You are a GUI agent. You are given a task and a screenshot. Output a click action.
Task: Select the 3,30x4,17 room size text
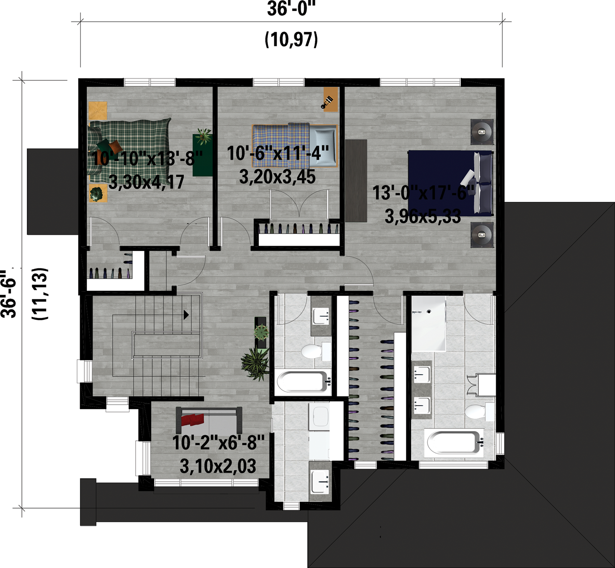point(147,182)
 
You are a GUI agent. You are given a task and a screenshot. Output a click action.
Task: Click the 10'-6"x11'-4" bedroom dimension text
point(278,153)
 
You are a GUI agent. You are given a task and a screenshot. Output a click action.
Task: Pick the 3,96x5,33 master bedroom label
point(423,216)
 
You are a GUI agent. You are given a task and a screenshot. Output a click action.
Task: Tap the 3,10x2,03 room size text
point(218,466)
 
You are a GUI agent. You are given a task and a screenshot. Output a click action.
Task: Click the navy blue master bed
point(451,183)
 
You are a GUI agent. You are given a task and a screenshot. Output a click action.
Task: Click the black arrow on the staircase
point(186,315)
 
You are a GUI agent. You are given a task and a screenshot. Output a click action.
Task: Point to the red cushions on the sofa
point(192,419)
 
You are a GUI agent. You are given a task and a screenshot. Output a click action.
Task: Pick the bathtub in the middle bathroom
point(303,381)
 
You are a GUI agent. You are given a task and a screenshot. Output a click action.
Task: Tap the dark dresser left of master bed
point(356,181)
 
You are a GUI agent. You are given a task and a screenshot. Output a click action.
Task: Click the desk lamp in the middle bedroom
point(327,102)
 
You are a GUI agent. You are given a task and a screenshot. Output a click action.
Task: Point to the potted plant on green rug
point(204,136)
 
